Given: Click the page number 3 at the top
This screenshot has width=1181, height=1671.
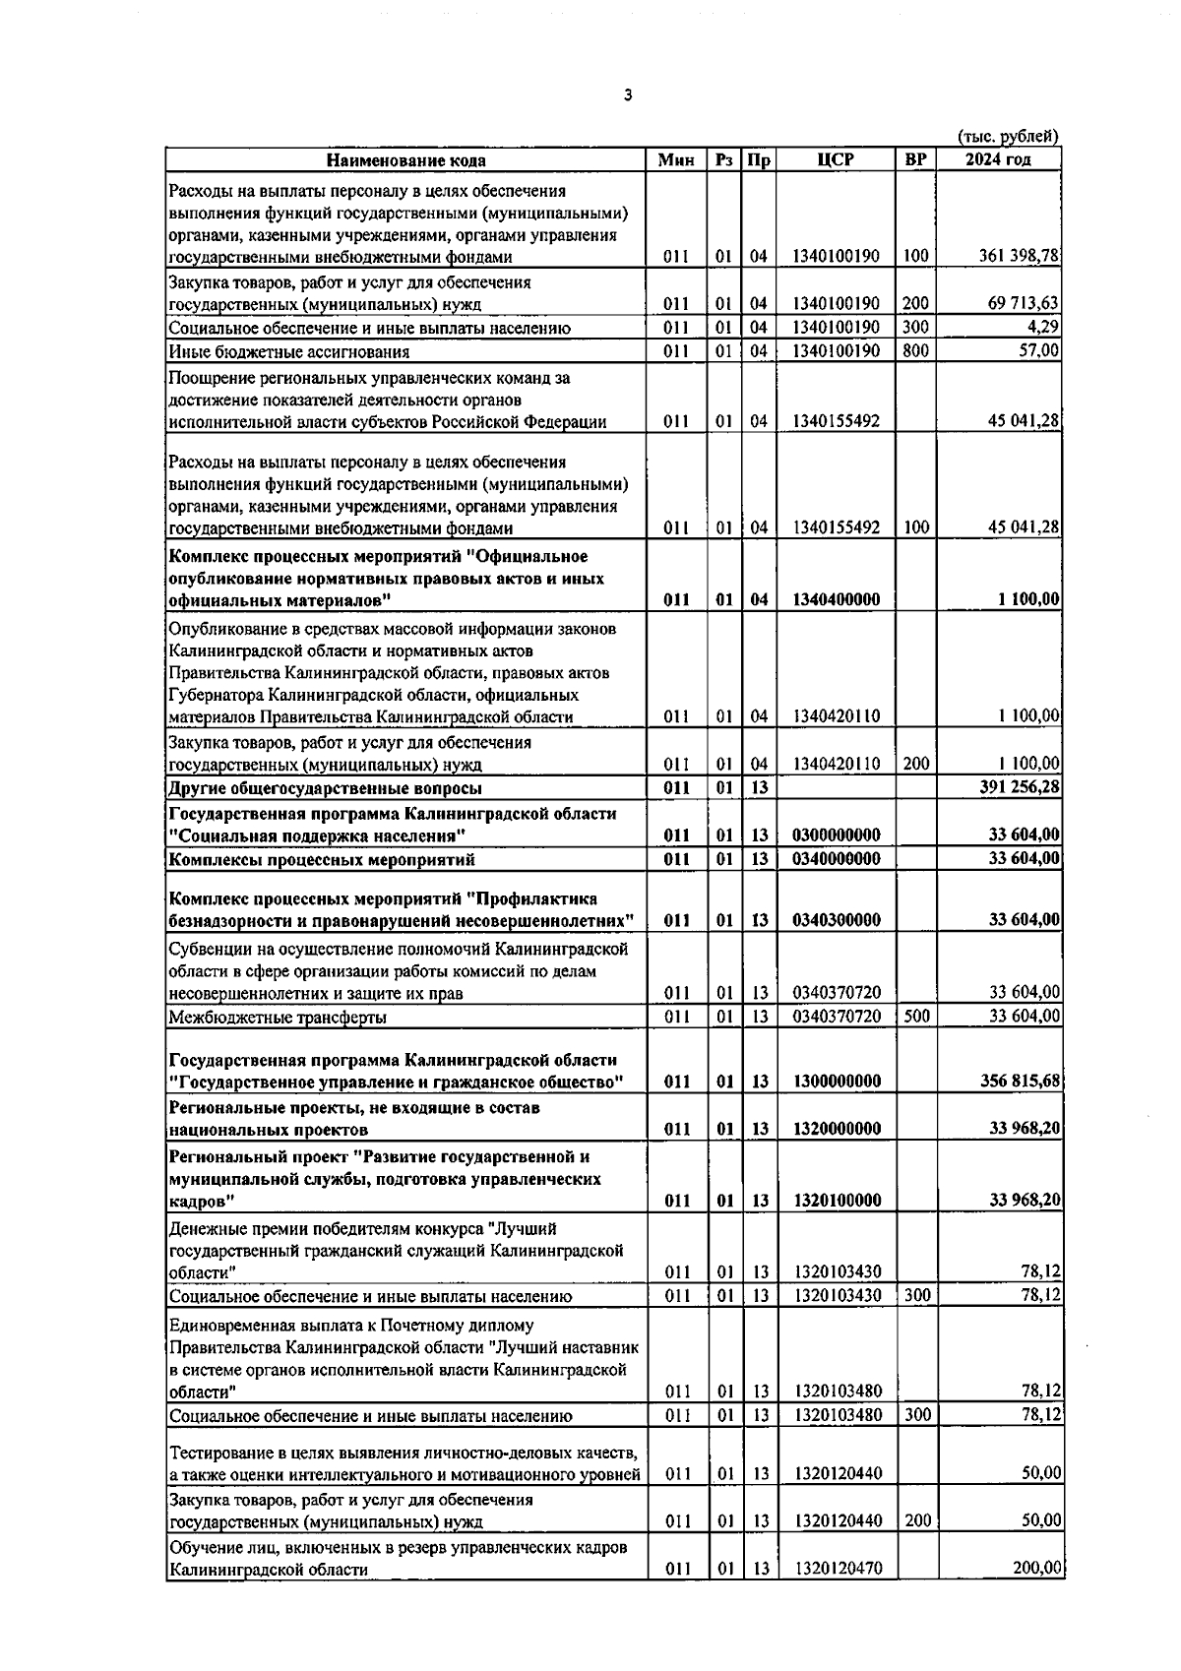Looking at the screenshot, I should pyautogui.click(x=628, y=95).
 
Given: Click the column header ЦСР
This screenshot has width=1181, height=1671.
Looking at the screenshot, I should pyautogui.click(x=836, y=160).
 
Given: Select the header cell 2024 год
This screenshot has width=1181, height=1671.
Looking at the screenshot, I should pyautogui.click(x=998, y=160).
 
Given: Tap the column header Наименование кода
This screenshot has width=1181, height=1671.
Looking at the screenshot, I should pyautogui.click(x=406, y=160).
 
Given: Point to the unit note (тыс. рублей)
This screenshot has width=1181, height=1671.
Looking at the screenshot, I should pyautogui.click(x=1008, y=137).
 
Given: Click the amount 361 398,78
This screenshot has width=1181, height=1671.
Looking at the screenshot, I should pyautogui.click(x=1019, y=257).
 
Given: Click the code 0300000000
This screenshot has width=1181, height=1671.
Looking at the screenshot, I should pyautogui.click(x=836, y=835).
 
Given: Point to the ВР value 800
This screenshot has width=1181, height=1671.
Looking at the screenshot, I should pyautogui.click(x=915, y=351).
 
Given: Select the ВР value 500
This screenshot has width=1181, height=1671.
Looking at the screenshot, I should pyautogui.click(x=916, y=1017).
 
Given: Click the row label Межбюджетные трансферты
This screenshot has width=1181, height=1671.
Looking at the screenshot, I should pyautogui.click(x=278, y=1018).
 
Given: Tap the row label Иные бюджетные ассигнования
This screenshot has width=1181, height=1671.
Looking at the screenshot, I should pyautogui.click(x=289, y=352).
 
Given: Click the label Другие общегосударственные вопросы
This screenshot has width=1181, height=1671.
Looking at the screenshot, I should pyautogui.click(x=326, y=789).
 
